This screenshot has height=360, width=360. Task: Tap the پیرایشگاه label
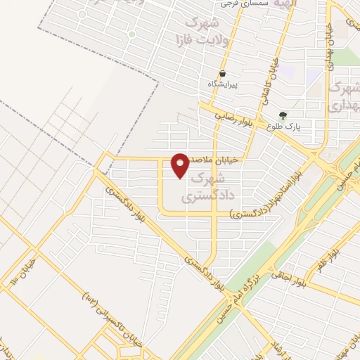click(x=223, y=84)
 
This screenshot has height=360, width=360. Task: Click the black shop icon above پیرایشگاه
click(x=223, y=73)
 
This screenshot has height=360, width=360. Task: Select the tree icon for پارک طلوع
click(x=283, y=115)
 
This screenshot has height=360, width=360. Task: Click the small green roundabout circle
click(x=82, y=14)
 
